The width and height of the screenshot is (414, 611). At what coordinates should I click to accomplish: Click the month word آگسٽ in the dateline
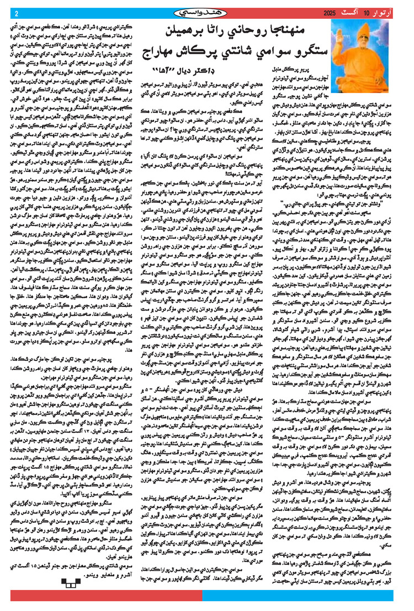[x=363, y=12]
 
